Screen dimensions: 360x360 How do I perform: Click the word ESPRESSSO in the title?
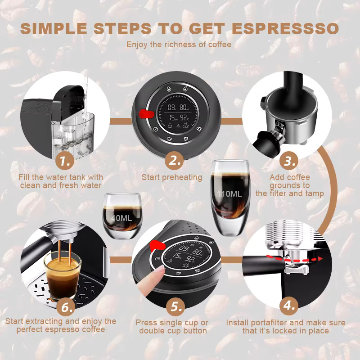pyautogui.click(x=285, y=29)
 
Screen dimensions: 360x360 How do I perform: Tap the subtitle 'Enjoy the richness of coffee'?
pyautogui.click(x=179, y=44)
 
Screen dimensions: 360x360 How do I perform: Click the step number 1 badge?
pyautogui.click(x=64, y=161)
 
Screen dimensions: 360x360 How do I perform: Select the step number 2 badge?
pyautogui.click(x=174, y=161)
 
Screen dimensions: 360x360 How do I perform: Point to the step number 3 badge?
pyautogui.click(x=289, y=161)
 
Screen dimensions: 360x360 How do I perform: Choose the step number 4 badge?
pyautogui.click(x=289, y=306)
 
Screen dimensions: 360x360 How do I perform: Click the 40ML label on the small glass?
pyautogui.click(x=121, y=218)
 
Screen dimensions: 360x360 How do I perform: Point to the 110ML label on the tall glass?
pyautogui.click(x=229, y=194)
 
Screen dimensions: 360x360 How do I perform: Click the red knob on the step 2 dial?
pyautogui.click(x=146, y=113)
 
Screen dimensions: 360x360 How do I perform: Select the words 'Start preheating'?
pyautogui.click(x=172, y=177)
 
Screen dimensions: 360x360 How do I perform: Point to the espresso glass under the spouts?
pyautogui.click(x=63, y=275)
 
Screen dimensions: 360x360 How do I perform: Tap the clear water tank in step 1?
pyautogui.click(x=73, y=135)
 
